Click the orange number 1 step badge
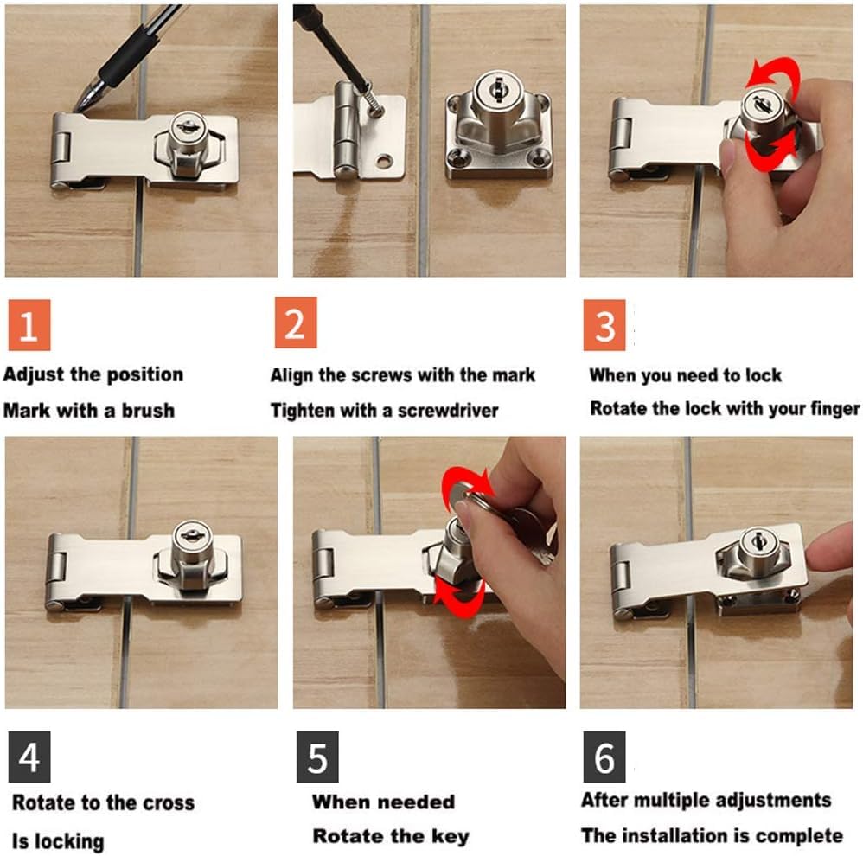point(29,325)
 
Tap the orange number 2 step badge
point(296,323)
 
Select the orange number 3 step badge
point(604,325)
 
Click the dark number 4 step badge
point(29,757)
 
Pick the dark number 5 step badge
point(317,757)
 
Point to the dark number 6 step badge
point(604,757)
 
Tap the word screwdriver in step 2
point(448,411)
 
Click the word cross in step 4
point(169,803)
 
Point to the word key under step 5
point(451,837)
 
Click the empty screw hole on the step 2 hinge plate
point(384,162)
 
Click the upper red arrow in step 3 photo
point(772,75)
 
